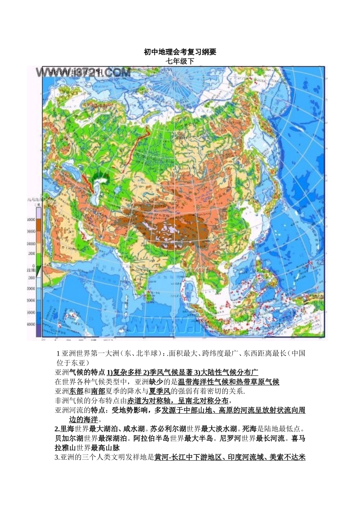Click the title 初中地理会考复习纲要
(x=180, y=52)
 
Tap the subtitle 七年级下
(x=180, y=61)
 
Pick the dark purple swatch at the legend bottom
(x=38, y=331)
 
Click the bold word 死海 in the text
(x=249, y=429)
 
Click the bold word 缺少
(x=156, y=382)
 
